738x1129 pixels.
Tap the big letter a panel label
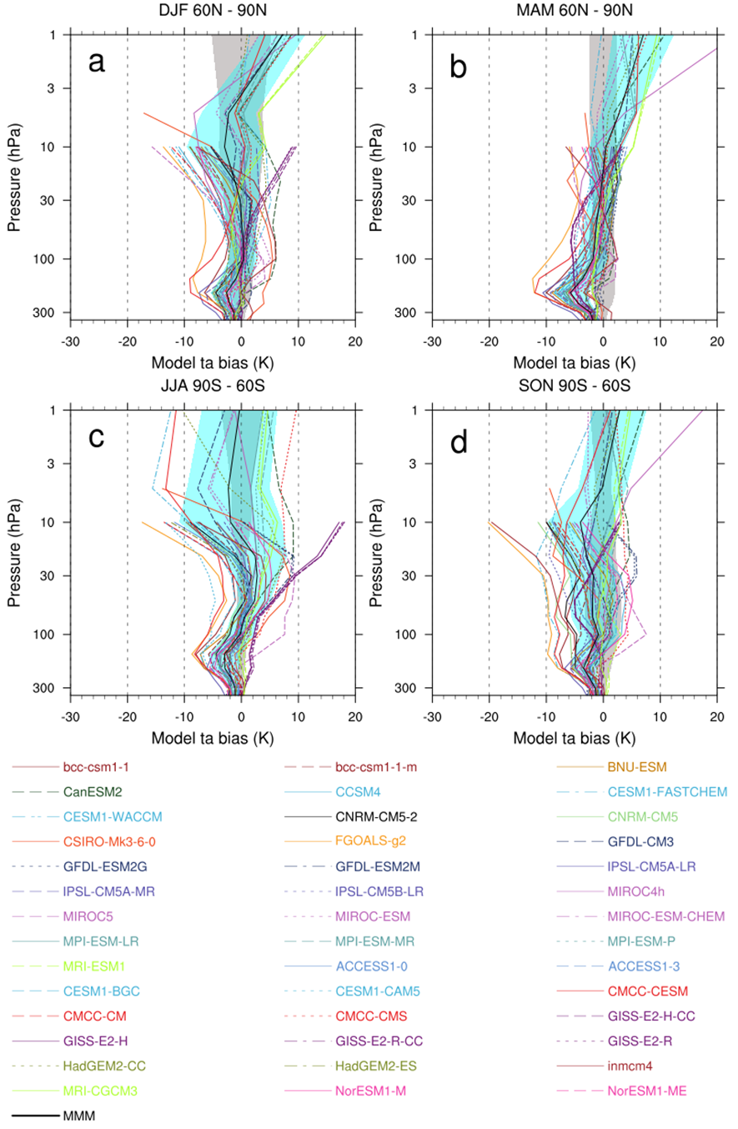98,63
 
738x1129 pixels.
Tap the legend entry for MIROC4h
640,890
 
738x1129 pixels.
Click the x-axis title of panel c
213,739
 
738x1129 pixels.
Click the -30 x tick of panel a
70,340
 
